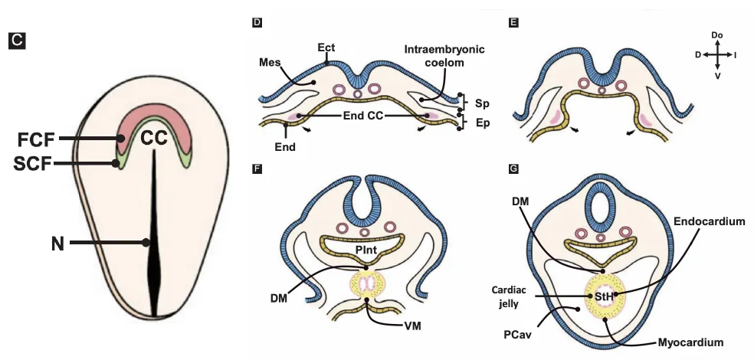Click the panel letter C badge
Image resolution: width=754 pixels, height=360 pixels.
tap(17, 41)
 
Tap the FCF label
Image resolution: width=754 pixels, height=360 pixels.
tap(36, 140)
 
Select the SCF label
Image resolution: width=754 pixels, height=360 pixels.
tap(33, 165)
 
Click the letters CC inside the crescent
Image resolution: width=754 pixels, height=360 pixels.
tap(154, 139)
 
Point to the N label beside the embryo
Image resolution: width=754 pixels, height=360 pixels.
tap(57, 244)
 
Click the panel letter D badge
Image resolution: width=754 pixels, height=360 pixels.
tap(257, 21)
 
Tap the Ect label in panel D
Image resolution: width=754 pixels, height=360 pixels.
tap(326, 47)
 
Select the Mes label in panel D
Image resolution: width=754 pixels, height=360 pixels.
tap(270, 63)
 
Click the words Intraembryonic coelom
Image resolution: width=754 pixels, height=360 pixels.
tap(444, 56)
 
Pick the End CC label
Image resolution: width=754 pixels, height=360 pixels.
tap(363, 116)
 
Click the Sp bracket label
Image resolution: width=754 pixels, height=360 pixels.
tap(482, 103)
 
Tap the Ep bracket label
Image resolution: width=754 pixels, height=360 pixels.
tap(482, 123)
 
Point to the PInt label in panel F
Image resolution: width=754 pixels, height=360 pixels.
tap(366, 250)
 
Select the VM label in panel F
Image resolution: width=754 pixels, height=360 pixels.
tap(413, 326)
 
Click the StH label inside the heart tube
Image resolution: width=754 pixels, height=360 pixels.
tap(605, 297)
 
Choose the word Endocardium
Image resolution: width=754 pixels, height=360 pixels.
tap(710, 221)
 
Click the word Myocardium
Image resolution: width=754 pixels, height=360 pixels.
tap(690, 342)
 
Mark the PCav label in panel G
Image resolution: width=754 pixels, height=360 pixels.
tap(518, 334)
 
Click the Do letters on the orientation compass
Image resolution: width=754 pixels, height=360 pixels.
tap(717, 35)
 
